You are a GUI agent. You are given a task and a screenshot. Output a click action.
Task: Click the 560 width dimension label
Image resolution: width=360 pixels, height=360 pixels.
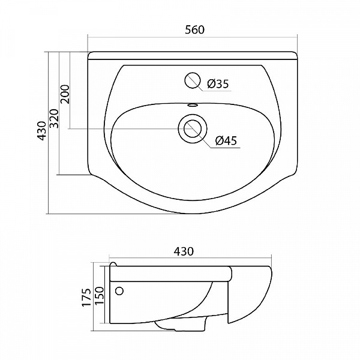tap(194, 30)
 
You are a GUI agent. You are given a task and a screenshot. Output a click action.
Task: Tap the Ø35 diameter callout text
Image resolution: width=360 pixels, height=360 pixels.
tap(218, 84)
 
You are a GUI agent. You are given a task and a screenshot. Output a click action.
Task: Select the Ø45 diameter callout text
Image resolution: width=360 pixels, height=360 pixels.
tap(226, 140)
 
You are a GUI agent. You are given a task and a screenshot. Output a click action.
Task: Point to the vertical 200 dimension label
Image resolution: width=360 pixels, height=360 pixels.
tap(65, 94)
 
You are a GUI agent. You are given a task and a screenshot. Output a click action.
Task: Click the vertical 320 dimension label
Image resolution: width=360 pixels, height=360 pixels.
tap(55, 118)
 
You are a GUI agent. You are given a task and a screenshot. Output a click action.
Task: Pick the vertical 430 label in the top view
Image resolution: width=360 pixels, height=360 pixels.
tap(41, 131)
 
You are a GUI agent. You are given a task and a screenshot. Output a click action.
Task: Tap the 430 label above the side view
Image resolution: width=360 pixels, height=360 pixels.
tap(184, 251)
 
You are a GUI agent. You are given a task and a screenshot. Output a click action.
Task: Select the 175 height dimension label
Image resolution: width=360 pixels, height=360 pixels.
tap(86, 298)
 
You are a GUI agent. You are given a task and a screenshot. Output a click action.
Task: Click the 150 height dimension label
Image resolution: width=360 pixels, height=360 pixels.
tap(100, 296)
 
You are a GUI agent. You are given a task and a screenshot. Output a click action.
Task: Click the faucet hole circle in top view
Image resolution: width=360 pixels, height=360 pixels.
tap(193, 80)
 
